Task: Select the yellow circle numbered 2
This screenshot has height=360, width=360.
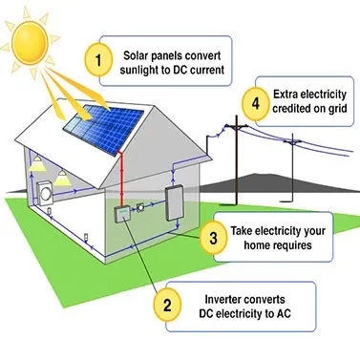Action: pos(166,306)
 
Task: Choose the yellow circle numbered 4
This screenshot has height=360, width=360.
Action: pos(254,102)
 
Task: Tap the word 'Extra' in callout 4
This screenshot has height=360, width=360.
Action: pos(285,94)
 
